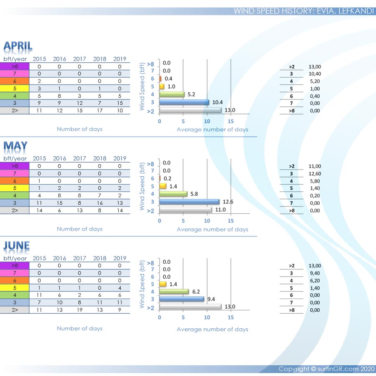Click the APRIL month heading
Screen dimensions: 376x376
(18, 46)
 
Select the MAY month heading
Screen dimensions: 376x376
(15, 146)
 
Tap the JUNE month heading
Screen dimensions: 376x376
(17, 246)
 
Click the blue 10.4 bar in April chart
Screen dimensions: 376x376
(184, 102)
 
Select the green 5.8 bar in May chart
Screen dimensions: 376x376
(173, 194)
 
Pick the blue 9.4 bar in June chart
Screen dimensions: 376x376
(181, 299)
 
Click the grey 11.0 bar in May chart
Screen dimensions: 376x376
(185, 210)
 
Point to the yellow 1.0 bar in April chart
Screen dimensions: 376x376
(162, 86)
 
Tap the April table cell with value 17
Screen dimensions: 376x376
(99, 111)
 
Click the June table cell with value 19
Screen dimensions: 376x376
(79, 310)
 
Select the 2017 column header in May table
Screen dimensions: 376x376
(79, 158)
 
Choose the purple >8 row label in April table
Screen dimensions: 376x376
(15, 66)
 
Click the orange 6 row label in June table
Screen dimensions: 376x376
(15, 280)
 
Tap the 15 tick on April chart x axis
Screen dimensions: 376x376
(231, 121)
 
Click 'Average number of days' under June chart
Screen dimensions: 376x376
(212, 329)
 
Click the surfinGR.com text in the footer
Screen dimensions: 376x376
(339, 369)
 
